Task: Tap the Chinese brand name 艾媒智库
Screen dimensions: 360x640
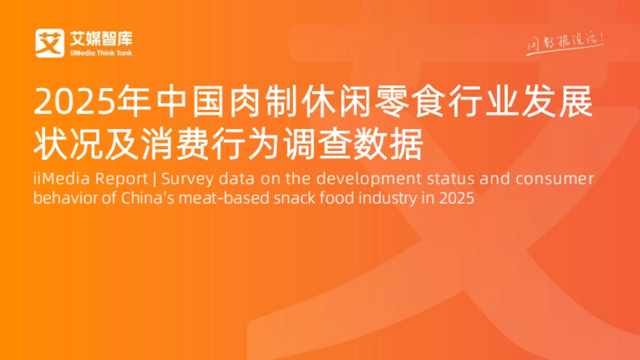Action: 101,38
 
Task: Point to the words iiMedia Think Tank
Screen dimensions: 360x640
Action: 101,53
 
